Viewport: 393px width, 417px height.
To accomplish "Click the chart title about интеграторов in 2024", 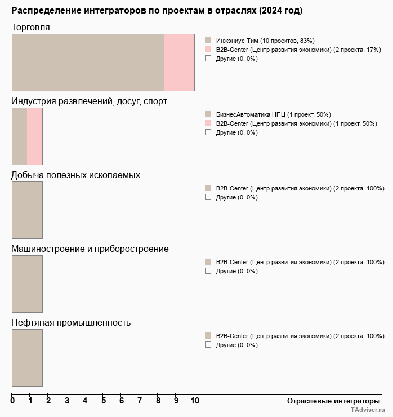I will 157,11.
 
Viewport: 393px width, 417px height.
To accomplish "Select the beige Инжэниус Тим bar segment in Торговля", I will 88,62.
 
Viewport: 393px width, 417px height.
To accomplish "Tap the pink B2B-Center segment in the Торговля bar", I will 179,62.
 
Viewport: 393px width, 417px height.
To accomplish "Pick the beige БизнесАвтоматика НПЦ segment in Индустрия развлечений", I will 20,136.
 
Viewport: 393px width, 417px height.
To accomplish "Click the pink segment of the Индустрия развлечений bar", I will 35,136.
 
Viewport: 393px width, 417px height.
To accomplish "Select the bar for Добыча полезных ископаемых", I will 27,210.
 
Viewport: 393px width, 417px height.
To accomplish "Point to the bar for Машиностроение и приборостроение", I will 27,283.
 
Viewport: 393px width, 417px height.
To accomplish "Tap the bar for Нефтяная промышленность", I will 27,357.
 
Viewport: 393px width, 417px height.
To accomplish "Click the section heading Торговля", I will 30,27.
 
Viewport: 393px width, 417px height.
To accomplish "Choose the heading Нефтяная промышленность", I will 71,322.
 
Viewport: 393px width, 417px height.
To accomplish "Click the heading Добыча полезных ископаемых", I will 75,175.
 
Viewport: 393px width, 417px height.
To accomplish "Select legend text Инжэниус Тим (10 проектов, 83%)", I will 265,41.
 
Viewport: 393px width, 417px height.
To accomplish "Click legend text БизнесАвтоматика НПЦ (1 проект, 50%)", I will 273,114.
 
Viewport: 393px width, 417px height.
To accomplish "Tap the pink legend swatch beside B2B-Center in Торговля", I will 208,50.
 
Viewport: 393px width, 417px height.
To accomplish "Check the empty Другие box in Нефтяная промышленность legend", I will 208,345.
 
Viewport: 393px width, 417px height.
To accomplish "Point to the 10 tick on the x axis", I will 194,401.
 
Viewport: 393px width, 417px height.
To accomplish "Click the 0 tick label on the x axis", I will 12,401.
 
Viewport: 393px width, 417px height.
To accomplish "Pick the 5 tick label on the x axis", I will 104,401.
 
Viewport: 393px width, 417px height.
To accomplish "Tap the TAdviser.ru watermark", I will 367,411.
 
